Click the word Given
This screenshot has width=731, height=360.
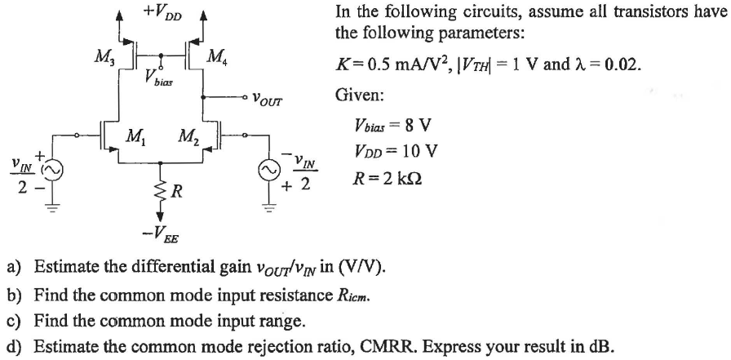coord(357,96)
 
